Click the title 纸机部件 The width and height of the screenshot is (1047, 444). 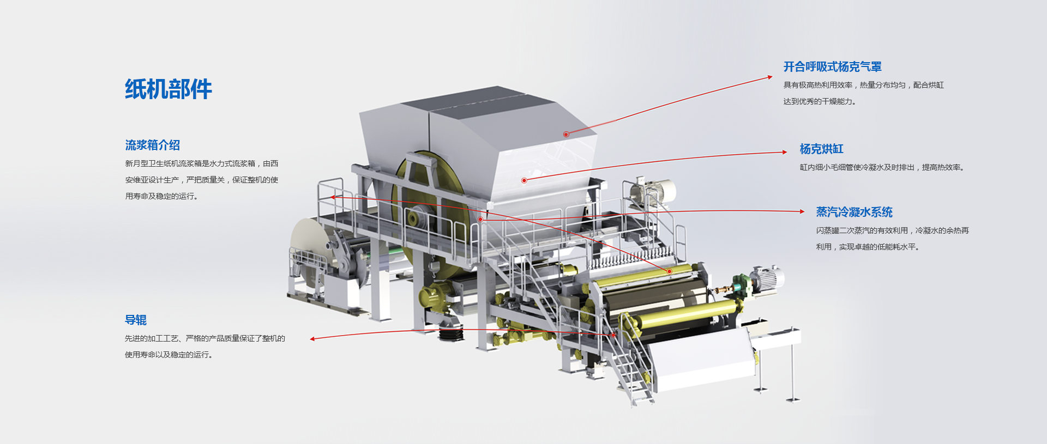[x=169, y=89]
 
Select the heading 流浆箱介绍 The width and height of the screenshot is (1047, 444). [x=153, y=145]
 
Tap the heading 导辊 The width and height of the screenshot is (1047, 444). [x=136, y=320]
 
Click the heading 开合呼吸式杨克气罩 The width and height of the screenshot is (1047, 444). [x=833, y=66]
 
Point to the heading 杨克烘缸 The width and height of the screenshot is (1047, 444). [x=822, y=149]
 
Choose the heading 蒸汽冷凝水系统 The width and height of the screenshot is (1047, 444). [x=855, y=212]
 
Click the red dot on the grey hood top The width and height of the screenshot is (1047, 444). [x=566, y=134]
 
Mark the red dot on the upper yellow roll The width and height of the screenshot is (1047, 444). [x=670, y=271]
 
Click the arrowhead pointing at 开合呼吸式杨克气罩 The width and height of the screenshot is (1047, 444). [x=770, y=77]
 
